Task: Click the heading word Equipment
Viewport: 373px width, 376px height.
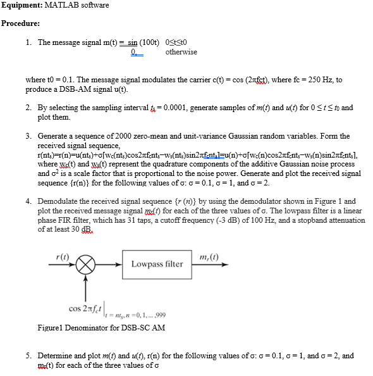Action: (x=21, y=5)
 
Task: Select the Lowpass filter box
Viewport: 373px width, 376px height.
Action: (x=157, y=263)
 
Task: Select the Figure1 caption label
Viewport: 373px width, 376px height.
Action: (x=51, y=327)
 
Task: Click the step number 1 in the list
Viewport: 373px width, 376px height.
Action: (x=28, y=42)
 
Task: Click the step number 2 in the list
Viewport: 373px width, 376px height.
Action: (x=28, y=108)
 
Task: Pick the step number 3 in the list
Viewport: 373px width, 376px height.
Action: (x=28, y=136)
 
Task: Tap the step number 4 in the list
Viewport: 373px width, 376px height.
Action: (x=28, y=201)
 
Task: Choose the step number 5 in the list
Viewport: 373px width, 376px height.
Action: (x=28, y=356)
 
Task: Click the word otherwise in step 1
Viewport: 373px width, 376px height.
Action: (x=181, y=52)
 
